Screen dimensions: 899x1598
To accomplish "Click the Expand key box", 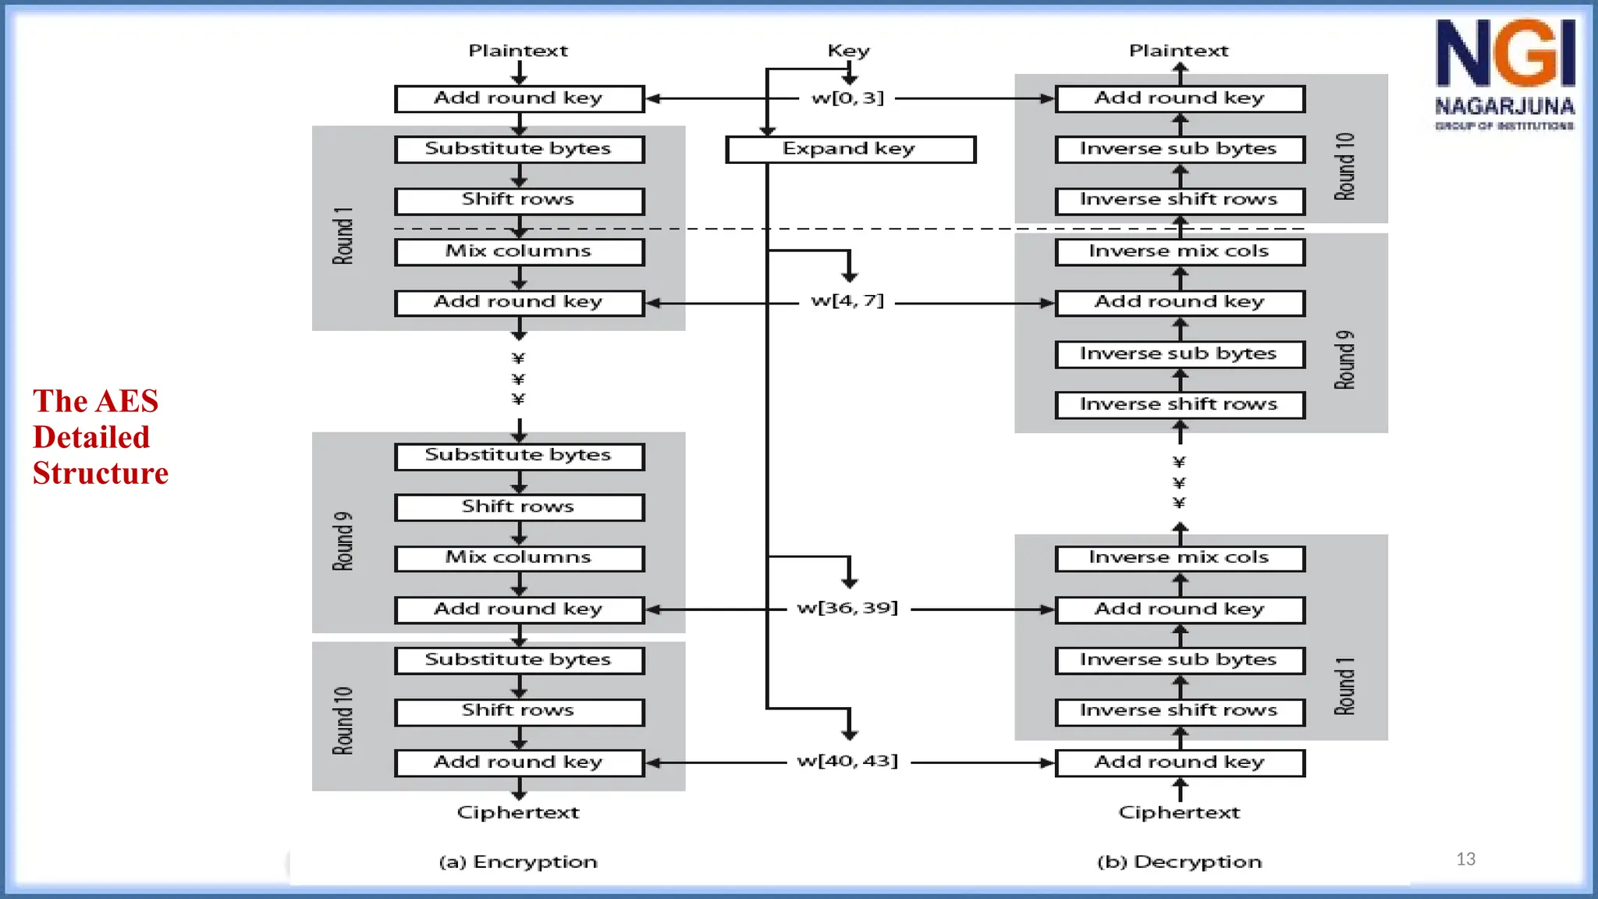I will pyautogui.click(x=850, y=149).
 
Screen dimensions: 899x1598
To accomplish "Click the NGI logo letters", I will pyautogui.click(x=1504, y=54).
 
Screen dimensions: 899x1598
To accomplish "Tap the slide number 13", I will pyautogui.click(x=1465, y=859).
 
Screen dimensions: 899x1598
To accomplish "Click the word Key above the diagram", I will pyautogui.click(x=848, y=52).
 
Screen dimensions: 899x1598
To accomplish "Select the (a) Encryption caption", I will pyautogui.click(x=518, y=862).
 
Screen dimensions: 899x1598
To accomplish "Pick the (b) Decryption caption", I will pyautogui.click(x=1179, y=862).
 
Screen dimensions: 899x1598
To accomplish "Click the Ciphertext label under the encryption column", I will pyautogui.click(x=518, y=812).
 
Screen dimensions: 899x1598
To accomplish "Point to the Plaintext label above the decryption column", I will pyautogui.click(x=1178, y=52).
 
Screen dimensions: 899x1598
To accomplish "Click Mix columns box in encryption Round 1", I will pyautogui.click(x=519, y=251).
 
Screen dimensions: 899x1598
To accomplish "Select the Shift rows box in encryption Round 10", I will pyautogui.click(x=519, y=711).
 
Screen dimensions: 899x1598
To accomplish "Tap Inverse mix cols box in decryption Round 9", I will pyautogui.click(x=1179, y=251).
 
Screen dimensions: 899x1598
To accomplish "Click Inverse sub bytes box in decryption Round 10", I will pyautogui.click(x=1179, y=149).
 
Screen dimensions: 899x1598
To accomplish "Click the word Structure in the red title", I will pyautogui.click(x=101, y=474).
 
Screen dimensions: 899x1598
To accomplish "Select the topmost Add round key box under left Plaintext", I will pyautogui.click(x=519, y=98).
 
